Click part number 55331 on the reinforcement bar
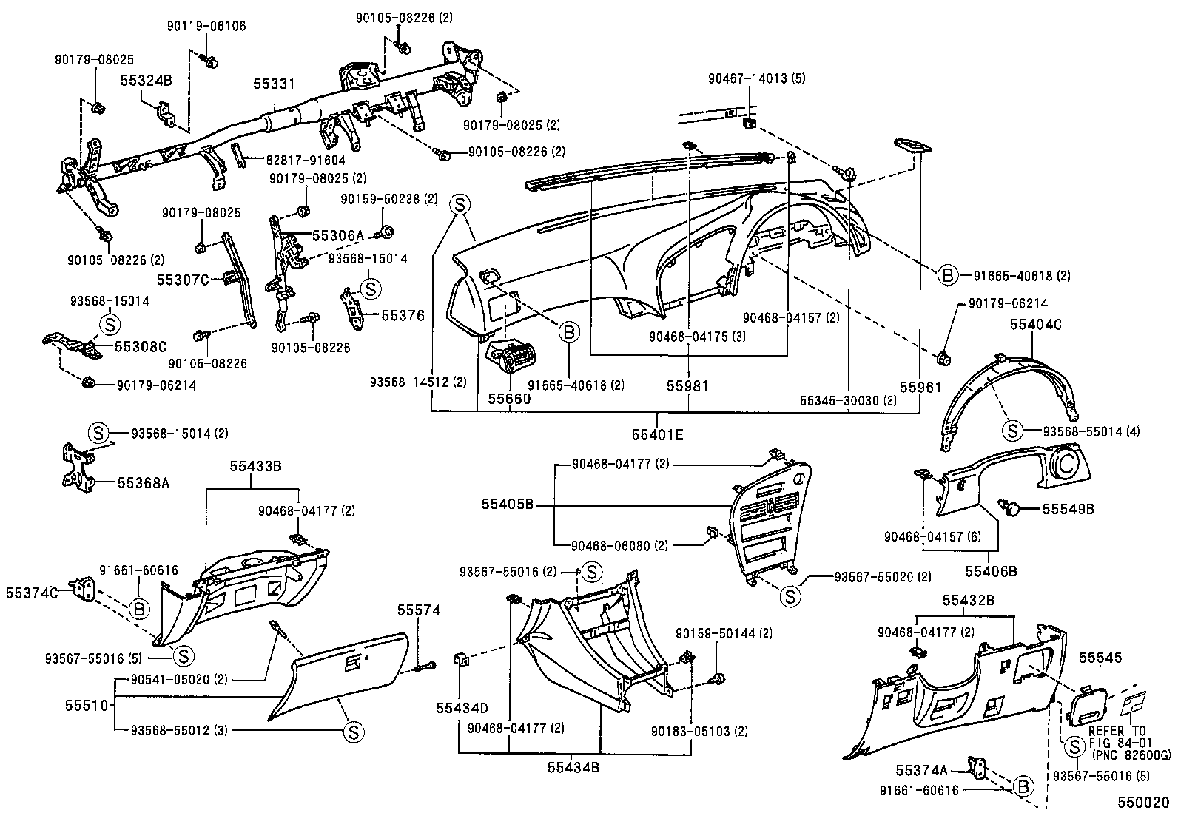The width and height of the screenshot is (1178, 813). (275, 84)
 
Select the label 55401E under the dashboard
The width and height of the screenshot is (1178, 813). (657, 435)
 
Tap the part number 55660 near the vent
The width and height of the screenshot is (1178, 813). (508, 398)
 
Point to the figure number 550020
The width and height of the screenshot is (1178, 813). (1143, 802)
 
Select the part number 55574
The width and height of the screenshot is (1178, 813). (418, 610)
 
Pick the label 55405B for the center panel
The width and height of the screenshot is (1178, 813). (507, 504)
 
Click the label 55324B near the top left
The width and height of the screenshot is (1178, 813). (147, 81)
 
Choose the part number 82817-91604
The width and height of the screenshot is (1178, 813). (306, 159)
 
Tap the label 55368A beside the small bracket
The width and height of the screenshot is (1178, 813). (144, 483)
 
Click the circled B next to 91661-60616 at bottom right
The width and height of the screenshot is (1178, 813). (1023, 786)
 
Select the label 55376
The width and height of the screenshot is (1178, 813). (403, 315)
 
